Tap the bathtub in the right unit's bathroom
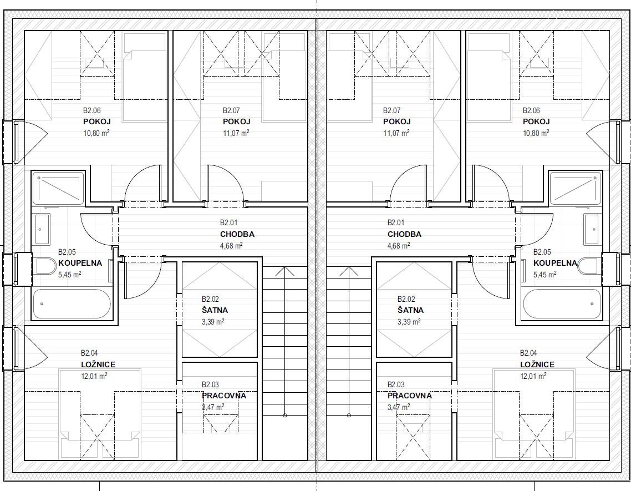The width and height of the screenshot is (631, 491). click(562, 303)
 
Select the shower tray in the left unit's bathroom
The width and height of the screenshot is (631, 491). click(58, 188)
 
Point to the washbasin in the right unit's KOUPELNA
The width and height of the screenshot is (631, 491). click(591, 229)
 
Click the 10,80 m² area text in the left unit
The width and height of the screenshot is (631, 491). click(96, 133)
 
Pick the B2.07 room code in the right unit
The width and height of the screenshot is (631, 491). click(391, 110)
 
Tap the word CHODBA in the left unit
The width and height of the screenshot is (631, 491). click(237, 234)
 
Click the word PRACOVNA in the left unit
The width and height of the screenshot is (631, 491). click(224, 396)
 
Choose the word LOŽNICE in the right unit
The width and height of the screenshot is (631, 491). click(537, 365)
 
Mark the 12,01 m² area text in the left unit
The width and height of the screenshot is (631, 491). click(94, 376)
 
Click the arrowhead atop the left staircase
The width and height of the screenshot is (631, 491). click(285, 271)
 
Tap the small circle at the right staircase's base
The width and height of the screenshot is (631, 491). click(349, 416)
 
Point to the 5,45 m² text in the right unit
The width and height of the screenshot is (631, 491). click(545, 274)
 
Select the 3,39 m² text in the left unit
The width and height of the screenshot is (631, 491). click(213, 321)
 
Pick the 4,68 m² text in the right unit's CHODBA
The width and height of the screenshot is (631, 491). click(399, 245)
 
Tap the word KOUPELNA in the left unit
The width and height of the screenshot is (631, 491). click(80, 263)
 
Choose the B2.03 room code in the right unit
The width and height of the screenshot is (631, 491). click(396, 384)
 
